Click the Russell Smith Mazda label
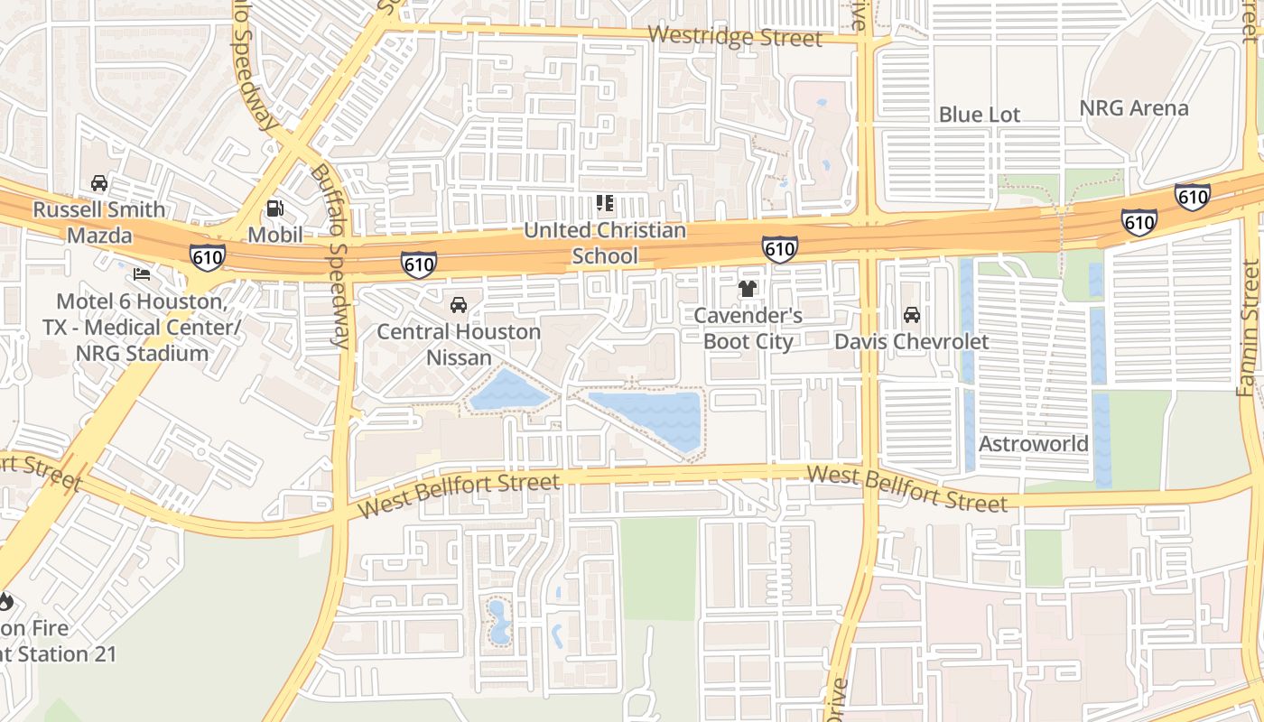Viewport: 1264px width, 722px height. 99,223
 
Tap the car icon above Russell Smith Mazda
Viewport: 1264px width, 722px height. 99,183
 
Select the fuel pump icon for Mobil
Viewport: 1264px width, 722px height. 274,208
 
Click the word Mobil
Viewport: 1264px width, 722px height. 274,235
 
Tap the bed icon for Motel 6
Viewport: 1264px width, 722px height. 141,273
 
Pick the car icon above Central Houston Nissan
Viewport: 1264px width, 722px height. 459,305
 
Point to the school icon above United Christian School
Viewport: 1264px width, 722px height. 605,204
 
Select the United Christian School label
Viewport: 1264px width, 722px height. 605,244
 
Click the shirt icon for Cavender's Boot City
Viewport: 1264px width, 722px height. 748,289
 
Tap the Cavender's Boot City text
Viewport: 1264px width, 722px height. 748,329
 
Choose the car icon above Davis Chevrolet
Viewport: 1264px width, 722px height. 912,315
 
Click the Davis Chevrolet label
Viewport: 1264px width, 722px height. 911,342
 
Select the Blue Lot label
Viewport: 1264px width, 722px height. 980,115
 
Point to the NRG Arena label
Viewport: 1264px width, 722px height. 1134,108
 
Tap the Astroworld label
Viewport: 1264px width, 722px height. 1034,444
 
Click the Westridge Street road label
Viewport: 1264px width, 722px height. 735,36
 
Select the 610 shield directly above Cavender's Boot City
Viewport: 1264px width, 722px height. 779,248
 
